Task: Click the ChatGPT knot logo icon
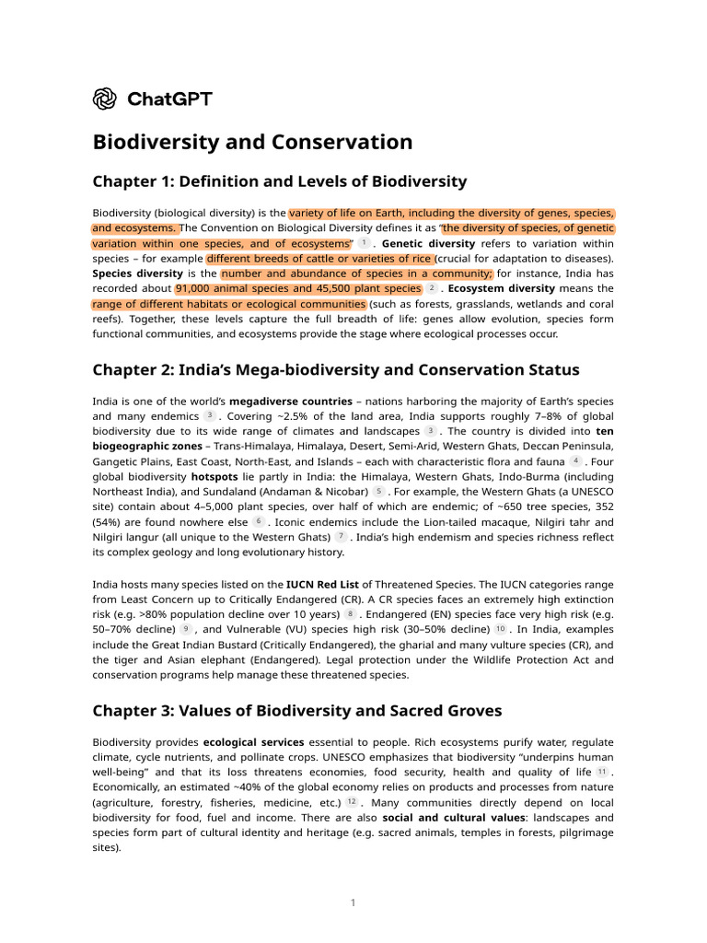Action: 105,98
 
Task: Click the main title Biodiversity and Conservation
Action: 252,142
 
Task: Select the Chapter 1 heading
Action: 279,181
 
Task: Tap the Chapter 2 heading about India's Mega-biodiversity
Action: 336,370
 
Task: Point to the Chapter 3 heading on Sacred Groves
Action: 297,710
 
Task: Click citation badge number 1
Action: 364,243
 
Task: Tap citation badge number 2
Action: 433,288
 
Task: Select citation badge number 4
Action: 575,460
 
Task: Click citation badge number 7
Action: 341,536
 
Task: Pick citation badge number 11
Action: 602,772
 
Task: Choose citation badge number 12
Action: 352,802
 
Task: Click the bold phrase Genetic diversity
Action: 428,244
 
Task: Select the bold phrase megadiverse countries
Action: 290,402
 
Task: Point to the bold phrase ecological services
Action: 253,742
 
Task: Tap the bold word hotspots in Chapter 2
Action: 214,476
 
